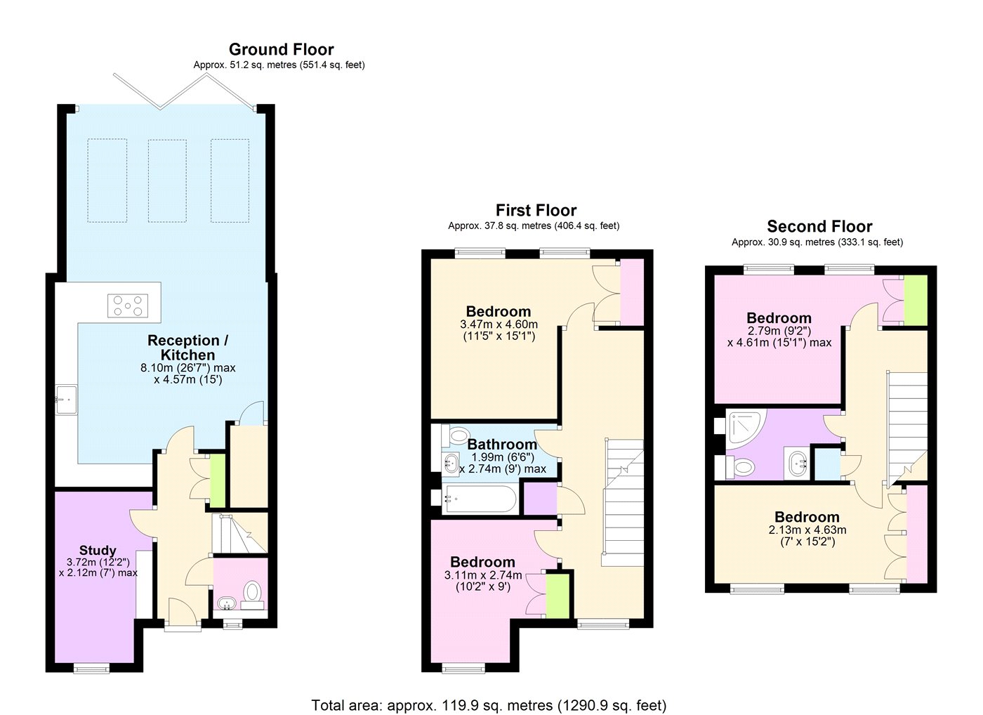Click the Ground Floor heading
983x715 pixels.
pos(282,49)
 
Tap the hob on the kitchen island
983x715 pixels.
pos(128,306)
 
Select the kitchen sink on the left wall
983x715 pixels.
pos(66,400)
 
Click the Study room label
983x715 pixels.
pos(98,550)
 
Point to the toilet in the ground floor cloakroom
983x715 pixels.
pos(252,595)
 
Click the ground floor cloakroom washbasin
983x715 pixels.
pos(226,603)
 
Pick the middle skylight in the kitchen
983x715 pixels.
pos(167,181)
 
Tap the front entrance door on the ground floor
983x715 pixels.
pos(183,615)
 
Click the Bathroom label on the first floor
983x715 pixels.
pos(502,444)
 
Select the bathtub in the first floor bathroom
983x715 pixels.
pos(480,499)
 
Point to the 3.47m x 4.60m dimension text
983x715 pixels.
pos(499,324)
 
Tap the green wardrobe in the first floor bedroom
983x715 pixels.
pos(558,595)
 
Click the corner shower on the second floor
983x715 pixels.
pos(745,429)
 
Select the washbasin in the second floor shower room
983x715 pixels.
pos(798,464)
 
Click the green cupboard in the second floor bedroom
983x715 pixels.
pos(916,301)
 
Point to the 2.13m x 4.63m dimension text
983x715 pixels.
pos(807,530)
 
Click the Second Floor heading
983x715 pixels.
pos(819,226)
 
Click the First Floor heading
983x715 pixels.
pos(536,210)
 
